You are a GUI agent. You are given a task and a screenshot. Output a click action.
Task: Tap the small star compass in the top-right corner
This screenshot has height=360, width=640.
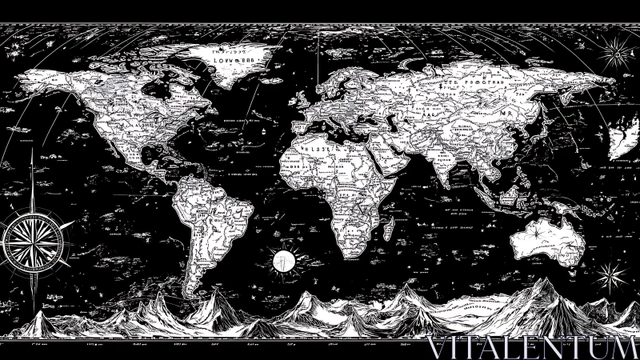click(x=618, y=54)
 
